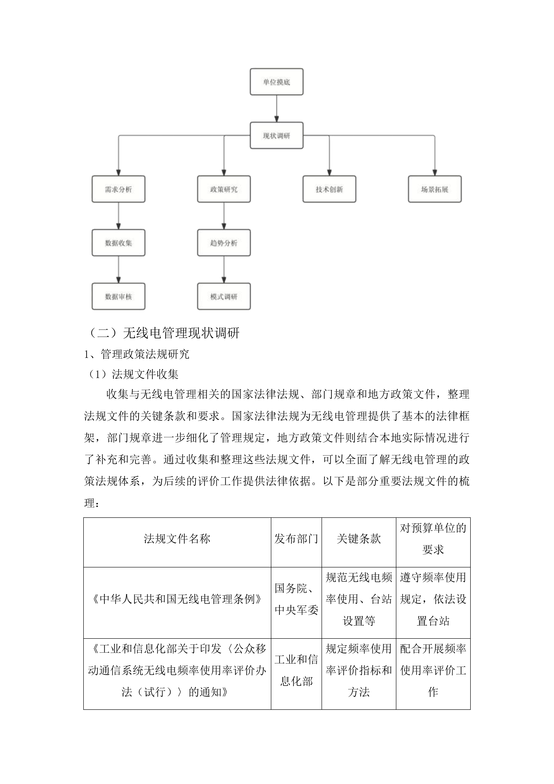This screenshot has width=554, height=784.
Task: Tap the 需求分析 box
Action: (x=118, y=189)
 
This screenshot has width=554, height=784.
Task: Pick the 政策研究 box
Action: (x=224, y=189)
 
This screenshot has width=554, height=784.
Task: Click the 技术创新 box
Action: (x=329, y=189)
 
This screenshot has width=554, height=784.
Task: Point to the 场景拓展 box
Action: (x=435, y=189)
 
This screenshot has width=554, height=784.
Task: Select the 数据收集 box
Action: (x=118, y=243)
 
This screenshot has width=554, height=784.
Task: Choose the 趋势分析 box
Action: (x=224, y=243)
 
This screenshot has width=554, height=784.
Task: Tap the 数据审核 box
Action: (x=118, y=296)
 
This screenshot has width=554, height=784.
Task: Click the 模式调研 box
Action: (x=224, y=296)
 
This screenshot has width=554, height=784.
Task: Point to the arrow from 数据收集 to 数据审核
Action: (x=118, y=269)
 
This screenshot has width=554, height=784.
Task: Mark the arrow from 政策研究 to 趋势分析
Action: (x=224, y=216)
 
